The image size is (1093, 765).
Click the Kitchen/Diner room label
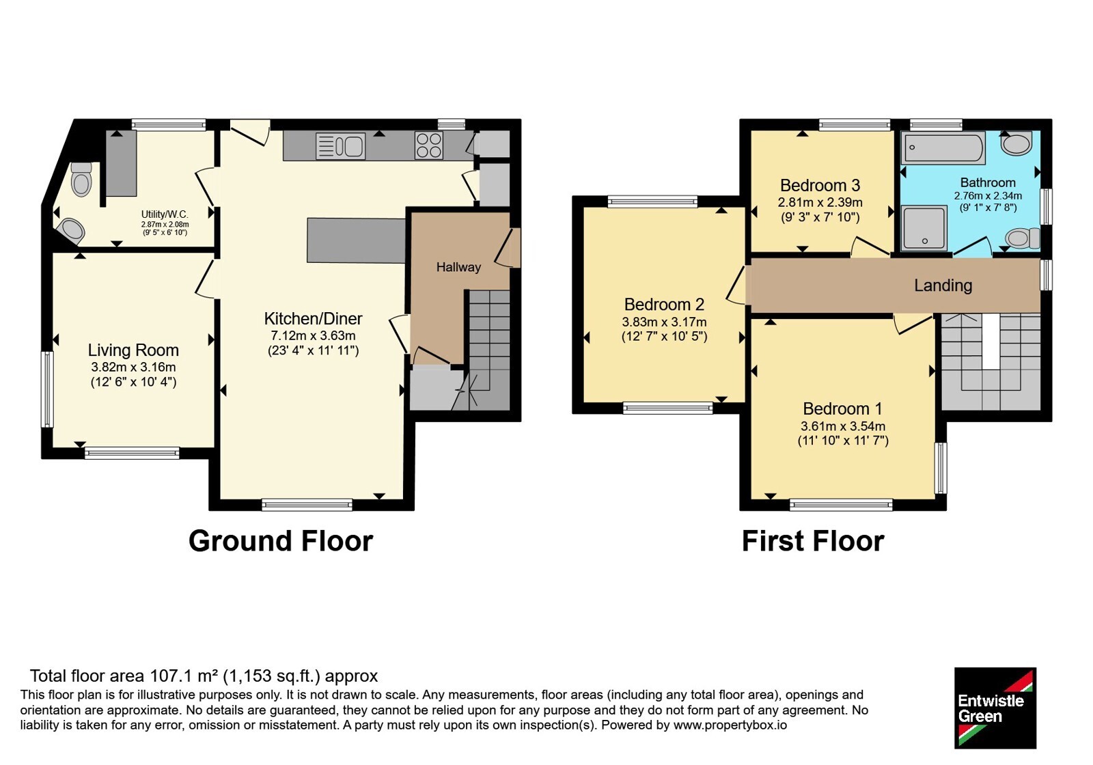pyautogui.click(x=313, y=318)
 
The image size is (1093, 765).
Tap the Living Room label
pyautogui.click(x=133, y=350)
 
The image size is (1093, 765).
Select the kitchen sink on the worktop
pyautogui.click(x=341, y=146)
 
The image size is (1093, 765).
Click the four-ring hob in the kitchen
pyautogui.click(x=429, y=145)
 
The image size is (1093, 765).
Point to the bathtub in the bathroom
pyautogui.click(x=942, y=148)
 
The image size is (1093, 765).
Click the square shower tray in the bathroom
pyautogui.click(x=924, y=228)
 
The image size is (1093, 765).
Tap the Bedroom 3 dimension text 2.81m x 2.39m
pyautogui.click(x=820, y=202)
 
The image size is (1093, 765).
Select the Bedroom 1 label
pyautogui.click(x=843, y=408)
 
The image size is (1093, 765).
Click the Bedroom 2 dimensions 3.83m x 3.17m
pyautogui.click(x=664, y=322)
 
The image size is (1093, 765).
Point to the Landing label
pyautogui.click(x=943, y=286)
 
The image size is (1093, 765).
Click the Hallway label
pyautogui.click(x=458, y=267)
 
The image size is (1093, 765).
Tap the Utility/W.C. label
pyautogui.click(x=165, y=214)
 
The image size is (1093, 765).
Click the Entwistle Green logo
pyautogui.click(x=995, y=708)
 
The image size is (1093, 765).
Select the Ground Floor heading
pyautogui.click(x=281, y=542)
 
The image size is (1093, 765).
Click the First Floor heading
pyautogui.click(x=813, y=542)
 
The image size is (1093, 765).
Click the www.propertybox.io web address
pyautogui.click(x=730, y=725)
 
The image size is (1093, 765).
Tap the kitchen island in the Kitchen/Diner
pyautogui.click(x=356, y=240)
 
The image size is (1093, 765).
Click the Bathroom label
pyautogui.click(x=988, y=182)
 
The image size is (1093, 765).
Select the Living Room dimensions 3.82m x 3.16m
pyautogui.click(x=133, y=367)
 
